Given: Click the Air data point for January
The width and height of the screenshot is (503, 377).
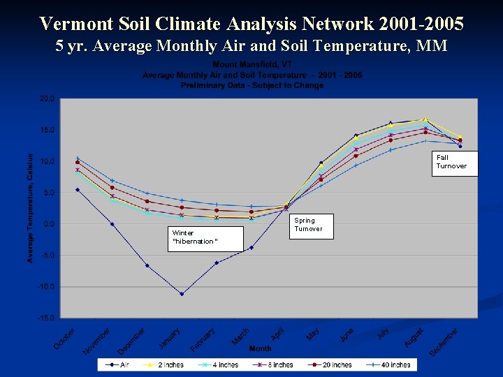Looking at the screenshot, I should pyautogui.click(x=182, y=294).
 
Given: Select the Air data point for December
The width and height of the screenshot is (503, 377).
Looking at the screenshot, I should pyautogui.click(x=147, y=265).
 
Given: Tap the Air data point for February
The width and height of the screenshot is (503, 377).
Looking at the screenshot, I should pyautogui.click(x=217, y=263).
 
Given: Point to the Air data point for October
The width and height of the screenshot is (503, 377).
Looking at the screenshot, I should pyautogui.click(x=78, y=189).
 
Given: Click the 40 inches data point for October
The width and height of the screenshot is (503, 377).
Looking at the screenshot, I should pyautogui.click(x=78, y=158).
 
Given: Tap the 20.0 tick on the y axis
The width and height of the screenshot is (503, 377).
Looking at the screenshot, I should pyautogui.click(x=47, y=98).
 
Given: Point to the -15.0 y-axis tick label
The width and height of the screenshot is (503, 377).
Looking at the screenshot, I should pyautogui.click(x=45, y=318).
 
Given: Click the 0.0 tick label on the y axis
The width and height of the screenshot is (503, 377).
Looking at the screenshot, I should pyautogui.click(x=48, y=224).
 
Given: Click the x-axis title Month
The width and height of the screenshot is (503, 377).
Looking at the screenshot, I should pyautogui.click(x=261, y=348).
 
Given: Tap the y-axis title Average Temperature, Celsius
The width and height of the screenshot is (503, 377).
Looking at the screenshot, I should pyautogui.click(x=30, y=208).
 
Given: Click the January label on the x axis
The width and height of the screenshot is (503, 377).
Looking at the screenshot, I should pyautogui.click(x=170, y=339).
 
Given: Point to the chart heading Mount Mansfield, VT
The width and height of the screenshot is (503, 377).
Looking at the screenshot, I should pyautogui.click(x=252, y=64).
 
